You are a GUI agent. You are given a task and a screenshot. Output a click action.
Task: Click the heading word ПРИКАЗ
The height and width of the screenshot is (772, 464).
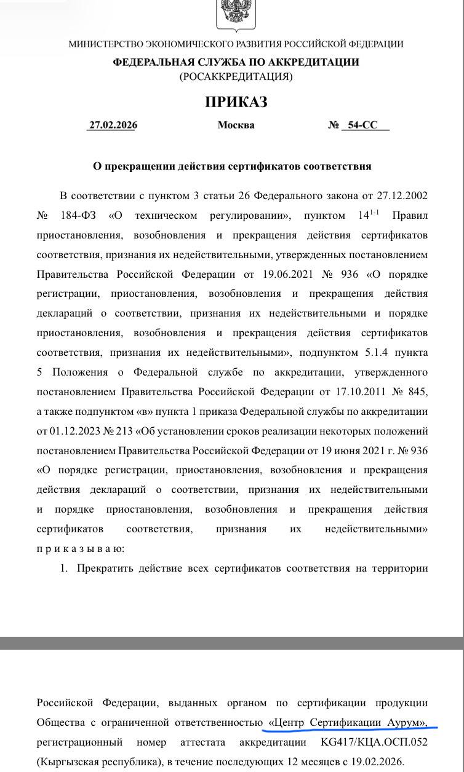pyautogui.click(x=236, y=102)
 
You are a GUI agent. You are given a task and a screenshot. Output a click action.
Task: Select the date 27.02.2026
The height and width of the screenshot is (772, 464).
pyautogui.click(x=113, y=125)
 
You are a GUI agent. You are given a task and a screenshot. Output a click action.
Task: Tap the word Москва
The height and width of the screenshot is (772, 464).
pyautogui.click(x=236, y=125)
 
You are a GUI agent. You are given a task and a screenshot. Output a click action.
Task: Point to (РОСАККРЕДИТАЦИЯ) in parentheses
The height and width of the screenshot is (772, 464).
pyautogui.click(x=236, y=77)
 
